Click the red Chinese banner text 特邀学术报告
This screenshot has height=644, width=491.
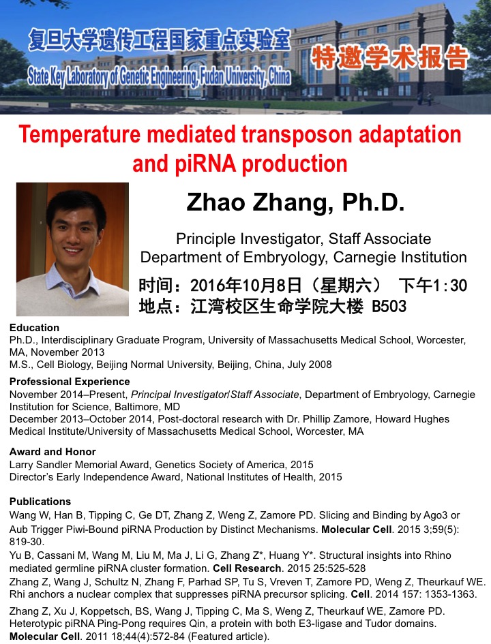[390, 59]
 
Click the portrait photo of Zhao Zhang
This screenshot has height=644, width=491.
[72, 249]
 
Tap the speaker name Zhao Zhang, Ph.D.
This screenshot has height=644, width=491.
[295, 202]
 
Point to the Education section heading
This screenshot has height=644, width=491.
[34, 328]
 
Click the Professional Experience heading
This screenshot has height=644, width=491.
[70, 382]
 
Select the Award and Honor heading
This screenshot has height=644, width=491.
[53, 452]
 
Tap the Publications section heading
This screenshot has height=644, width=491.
[40, 502]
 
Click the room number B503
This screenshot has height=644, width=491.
[389, 307]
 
